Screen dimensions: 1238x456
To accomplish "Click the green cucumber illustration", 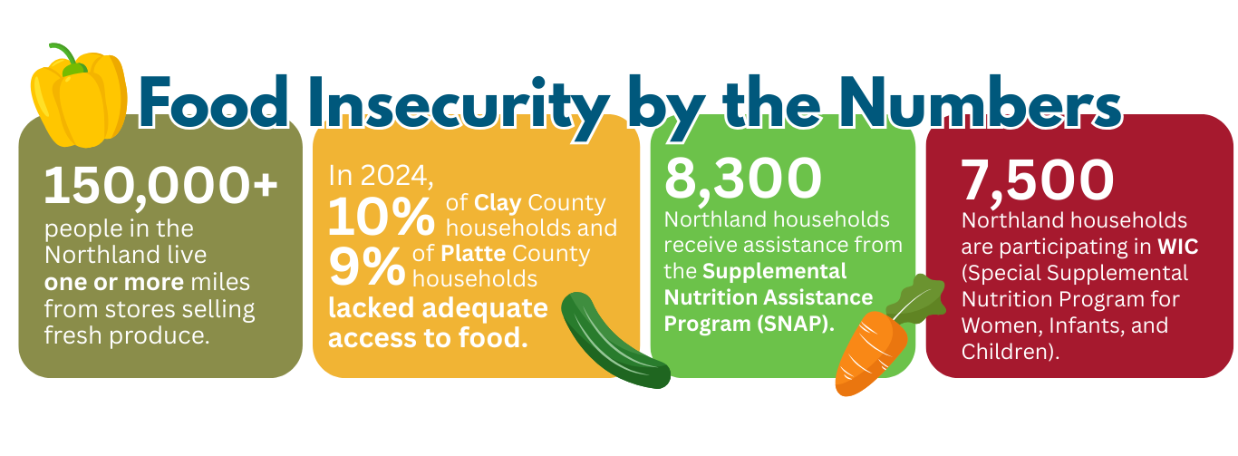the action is point(614,340).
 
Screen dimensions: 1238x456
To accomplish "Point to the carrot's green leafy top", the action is point(917,299).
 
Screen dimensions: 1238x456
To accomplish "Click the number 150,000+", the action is point(160,186).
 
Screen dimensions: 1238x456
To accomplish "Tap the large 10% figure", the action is point(382,216).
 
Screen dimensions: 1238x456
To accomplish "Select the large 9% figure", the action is point(367,266).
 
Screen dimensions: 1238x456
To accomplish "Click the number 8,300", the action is point(743,179).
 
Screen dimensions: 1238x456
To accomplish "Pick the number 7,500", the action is point(1038,181).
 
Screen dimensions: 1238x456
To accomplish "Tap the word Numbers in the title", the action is point(979,102).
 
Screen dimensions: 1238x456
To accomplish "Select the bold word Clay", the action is point(498,204).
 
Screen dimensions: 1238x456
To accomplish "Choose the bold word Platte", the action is point(473,254).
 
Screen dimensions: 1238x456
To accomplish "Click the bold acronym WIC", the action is point(1178,247).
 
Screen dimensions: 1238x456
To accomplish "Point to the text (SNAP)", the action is point(796,324).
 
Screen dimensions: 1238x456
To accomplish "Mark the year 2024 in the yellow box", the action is point(396,176).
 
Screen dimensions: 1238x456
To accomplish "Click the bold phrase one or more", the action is point(114,283).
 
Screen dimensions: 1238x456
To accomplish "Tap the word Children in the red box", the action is point(1005,352).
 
